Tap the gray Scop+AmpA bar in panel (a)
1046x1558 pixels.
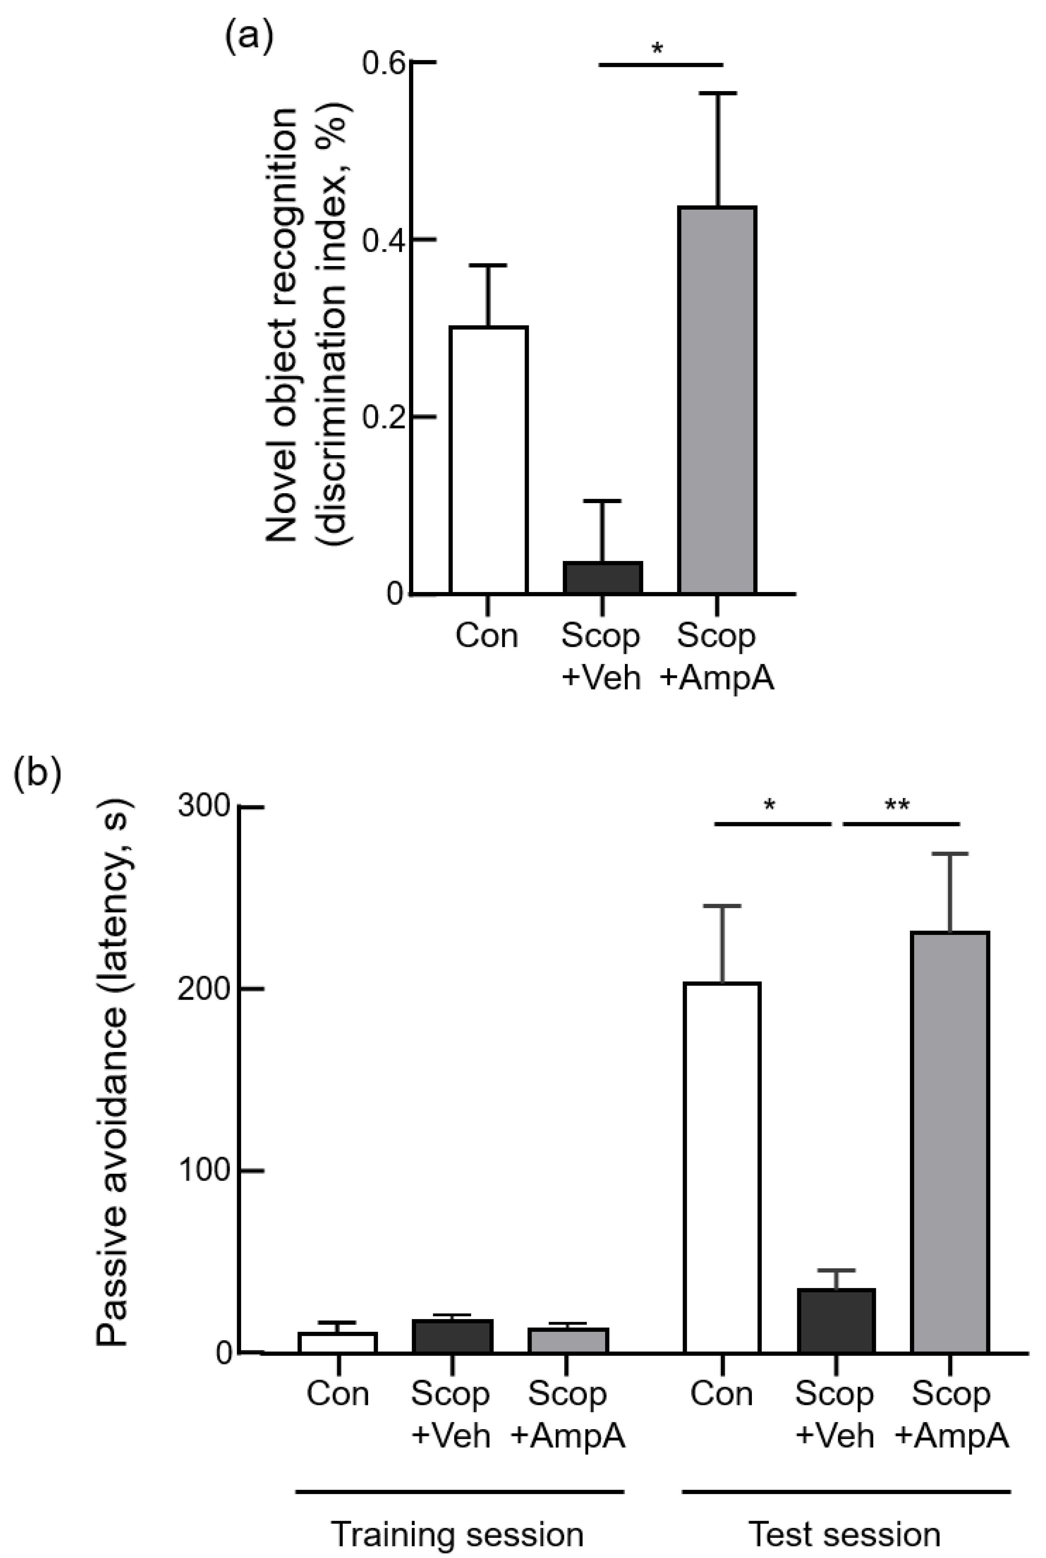[x=717, y=400]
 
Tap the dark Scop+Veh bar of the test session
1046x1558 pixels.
[x=836, y=1321]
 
